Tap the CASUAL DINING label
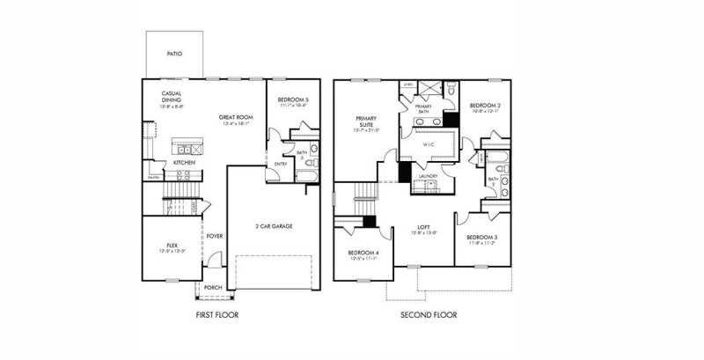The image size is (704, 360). (172, 96)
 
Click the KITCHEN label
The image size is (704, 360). (184, 163)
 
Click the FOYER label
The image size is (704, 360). (214, 236)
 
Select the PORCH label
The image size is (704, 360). (213, 287)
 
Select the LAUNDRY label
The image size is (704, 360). (429, 175)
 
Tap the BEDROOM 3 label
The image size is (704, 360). (482, 238)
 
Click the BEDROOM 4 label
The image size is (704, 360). (363, 253)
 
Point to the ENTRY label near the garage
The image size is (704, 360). (280, 164)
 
